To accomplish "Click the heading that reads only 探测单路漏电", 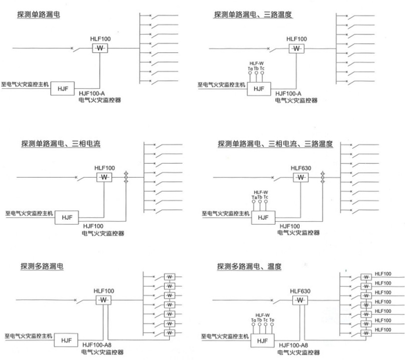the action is pos(39,14).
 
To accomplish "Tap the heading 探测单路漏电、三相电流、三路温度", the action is pos(275,144).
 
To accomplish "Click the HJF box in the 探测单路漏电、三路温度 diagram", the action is pos(259,89).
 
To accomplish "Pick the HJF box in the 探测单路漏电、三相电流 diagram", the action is pos(67,217).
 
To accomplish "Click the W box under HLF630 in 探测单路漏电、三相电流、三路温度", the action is pos(301,177).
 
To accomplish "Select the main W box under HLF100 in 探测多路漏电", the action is pos(104,300).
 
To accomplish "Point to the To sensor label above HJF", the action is pos(272,320).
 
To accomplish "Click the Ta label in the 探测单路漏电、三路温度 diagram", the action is pos(250,69).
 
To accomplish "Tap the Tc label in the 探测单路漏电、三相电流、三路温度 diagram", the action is pos(266,197).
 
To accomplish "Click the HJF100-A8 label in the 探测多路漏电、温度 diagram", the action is pos(293,345).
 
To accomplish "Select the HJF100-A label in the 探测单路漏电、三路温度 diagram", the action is pos(288,93).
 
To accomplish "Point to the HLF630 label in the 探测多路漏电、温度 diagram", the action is pos(300,291).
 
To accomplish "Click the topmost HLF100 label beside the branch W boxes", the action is pos(383,274).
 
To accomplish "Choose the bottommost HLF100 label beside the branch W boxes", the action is pos(383,329).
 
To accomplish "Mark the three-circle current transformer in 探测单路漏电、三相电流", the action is pos(126,177).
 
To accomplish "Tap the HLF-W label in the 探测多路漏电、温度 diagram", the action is pos(263,315).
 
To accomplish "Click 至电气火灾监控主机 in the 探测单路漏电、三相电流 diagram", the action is pos(29,213).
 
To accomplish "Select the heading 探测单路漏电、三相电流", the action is pos(61,143).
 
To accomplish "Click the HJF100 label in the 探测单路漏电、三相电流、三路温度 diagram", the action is pos(290,226).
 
